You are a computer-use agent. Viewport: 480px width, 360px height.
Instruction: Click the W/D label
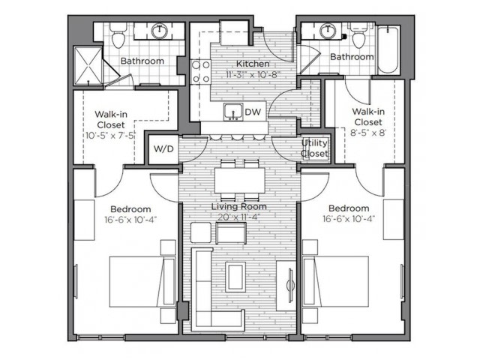tap(163, 149)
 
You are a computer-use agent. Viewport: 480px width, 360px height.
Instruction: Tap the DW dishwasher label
tap(253, 112)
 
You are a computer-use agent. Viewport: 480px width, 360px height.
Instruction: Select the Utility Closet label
tap(314, 148)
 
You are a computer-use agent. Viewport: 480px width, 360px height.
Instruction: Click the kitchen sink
tap(233, 112)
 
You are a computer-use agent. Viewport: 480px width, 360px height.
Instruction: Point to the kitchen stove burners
tap(200, 72)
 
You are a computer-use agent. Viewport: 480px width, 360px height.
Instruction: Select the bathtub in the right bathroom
tap(388, 50)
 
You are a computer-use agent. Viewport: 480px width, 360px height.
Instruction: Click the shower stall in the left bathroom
tap(88, 66)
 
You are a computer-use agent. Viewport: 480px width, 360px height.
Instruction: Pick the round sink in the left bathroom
tap(160, 31)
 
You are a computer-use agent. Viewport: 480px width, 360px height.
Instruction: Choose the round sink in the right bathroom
tap(328, 31)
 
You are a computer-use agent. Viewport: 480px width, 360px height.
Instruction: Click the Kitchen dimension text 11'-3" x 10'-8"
tap(253, 74)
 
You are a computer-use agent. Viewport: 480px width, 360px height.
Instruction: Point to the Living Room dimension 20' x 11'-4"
tap(238, 217)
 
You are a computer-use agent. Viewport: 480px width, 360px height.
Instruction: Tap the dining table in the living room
tap(240, 180)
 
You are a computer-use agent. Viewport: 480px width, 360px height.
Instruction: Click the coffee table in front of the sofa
tap(235, 277)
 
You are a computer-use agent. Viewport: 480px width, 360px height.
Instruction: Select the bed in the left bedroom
tap(142, 282)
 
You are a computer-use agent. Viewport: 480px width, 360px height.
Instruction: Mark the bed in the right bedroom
tap(335, 282)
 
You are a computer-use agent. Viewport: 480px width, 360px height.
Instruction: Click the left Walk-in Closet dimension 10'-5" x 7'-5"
tap(110, 135)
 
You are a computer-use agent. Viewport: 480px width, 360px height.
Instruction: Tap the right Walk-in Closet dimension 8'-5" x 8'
tap(368, 133)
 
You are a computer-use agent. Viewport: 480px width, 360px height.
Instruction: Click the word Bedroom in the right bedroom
tap(349, 208)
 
